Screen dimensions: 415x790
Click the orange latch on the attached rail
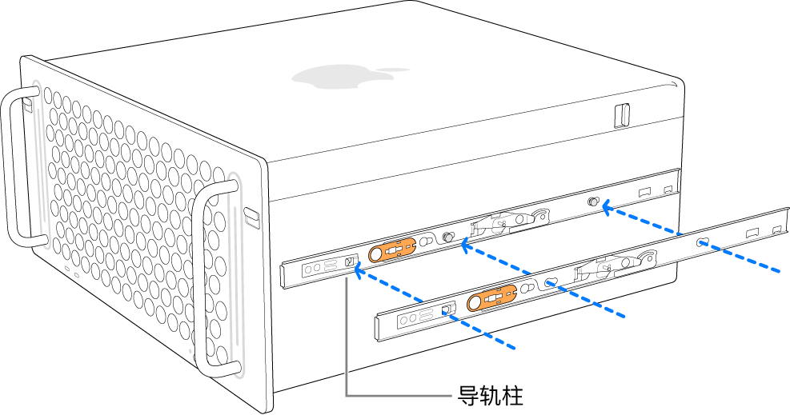click(392, 250)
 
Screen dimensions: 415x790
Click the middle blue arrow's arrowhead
click(462, 247)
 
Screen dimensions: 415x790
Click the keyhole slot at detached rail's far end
click(702, 242)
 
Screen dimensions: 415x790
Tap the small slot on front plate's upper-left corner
click(27, 105)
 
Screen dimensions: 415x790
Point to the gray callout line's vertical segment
click(347, 336)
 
